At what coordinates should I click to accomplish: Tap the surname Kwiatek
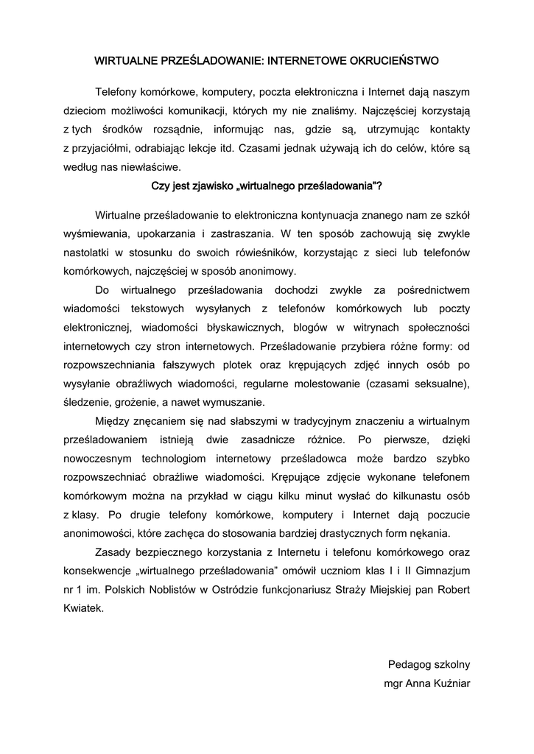pos(83,609)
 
